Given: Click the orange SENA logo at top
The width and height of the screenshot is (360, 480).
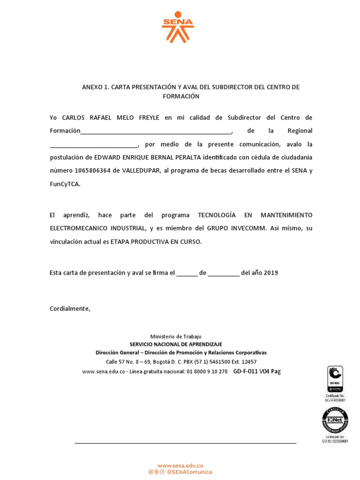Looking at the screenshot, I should (x=178, y=27).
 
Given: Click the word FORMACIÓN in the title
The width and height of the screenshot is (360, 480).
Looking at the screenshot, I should (x=181, y=96).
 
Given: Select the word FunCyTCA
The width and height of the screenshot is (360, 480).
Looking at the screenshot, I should (x=65, y=184).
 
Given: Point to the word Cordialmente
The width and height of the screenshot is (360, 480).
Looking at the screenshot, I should (x=70, y=308).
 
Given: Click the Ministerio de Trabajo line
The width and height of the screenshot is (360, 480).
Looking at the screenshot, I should (x=176, y=337).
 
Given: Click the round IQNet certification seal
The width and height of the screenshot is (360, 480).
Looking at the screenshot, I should (x=335, y=420).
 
